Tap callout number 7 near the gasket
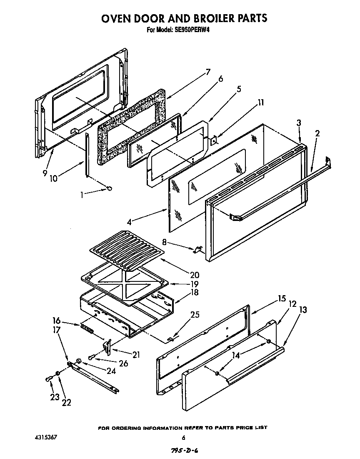[207, 72]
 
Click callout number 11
[260, 103]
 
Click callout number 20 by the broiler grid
[194, 275]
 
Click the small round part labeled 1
[110, 189]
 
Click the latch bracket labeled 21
[107, 346]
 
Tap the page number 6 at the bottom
[183, 438]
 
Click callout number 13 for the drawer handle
[303, 310]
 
